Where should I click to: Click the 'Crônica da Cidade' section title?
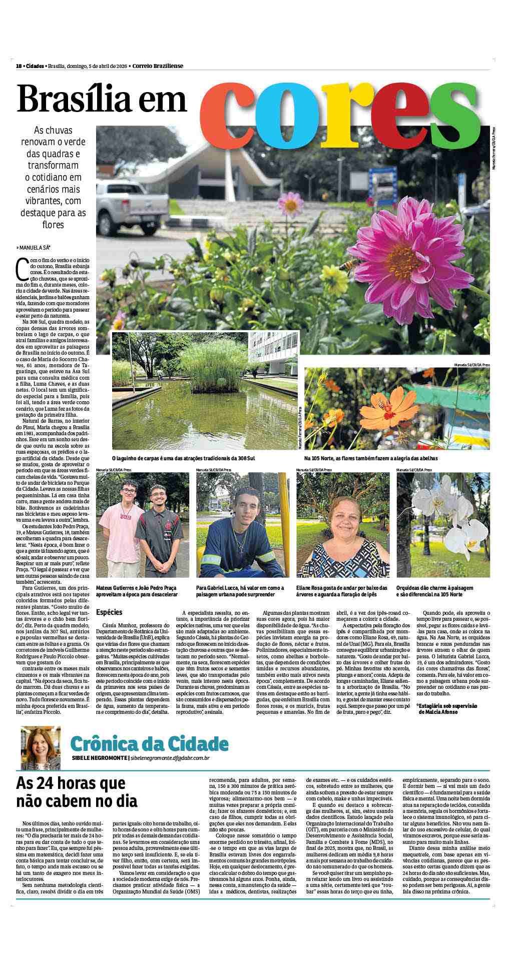[150, 744]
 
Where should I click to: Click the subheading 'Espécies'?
[109, 612]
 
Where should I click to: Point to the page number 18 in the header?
[19, 66]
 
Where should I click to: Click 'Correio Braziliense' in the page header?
[158, 66]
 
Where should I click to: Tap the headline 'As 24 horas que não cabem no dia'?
[77, 792]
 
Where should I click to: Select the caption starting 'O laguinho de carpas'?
[186, 458]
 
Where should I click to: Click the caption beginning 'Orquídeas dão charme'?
[434, 591]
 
